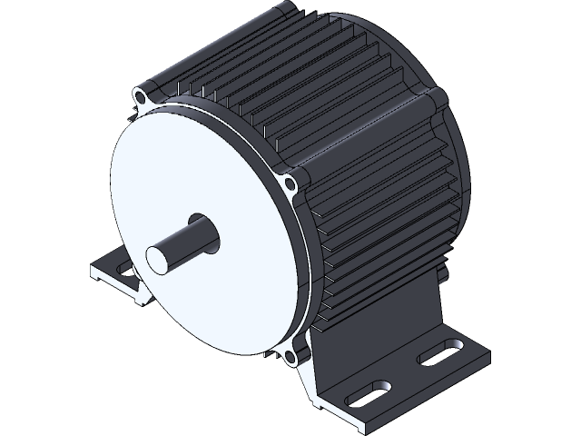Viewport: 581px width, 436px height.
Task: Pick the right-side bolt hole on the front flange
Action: point(290,187)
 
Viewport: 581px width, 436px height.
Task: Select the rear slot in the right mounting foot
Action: point(439,352)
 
